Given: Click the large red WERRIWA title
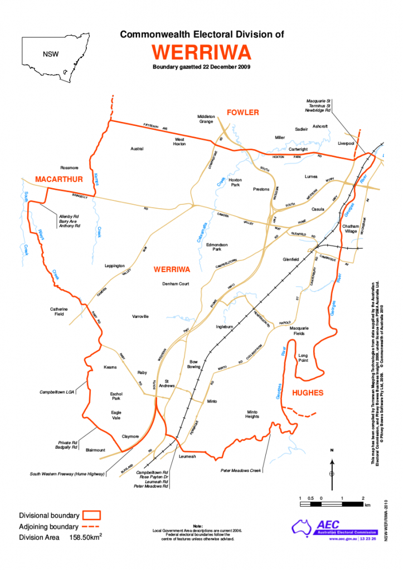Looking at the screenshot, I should (x=201, y=52).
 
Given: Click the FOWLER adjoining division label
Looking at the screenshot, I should (x=242, y=112).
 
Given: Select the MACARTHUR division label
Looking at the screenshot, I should (x=59, y=179).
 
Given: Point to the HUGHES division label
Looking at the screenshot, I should (x=308, y=393).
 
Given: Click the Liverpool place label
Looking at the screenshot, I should (x=347, y=143).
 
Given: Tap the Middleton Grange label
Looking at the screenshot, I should (x=206, y=119).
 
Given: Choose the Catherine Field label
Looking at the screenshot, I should (x=59, y=311).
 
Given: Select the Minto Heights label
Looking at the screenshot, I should (x=253, y=414).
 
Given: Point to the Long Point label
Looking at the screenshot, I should (x=303, y=357).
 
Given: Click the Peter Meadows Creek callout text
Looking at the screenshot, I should (x=241, y=471).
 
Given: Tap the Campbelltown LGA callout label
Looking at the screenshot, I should (x=57, y=392).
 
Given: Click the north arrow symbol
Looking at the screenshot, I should (x=332, y=466).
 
